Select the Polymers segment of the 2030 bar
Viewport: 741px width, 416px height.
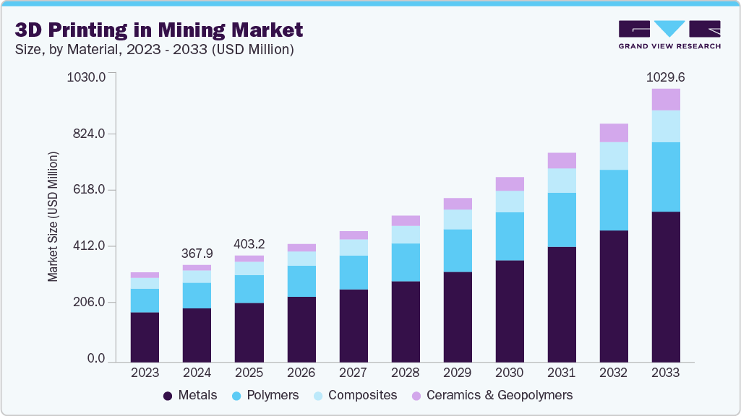[510, 236]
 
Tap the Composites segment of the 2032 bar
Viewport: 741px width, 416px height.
[614, 156]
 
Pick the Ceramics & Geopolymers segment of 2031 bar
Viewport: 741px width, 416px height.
[562, 160]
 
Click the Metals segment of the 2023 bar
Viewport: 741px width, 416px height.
[145, 337]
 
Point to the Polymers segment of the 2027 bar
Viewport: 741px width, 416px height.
[354, 272]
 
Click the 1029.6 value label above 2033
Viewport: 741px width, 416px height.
[666, 76]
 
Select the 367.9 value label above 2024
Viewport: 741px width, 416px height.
[197, 253]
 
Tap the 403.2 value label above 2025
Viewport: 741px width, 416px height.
[249, 243]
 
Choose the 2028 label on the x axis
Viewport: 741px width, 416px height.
[406, 373]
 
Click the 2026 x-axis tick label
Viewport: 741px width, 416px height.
[301, 373]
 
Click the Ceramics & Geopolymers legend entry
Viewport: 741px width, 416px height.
[492, 395]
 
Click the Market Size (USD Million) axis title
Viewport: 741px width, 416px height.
[53, 217]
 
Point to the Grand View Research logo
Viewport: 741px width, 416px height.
[669, 34]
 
